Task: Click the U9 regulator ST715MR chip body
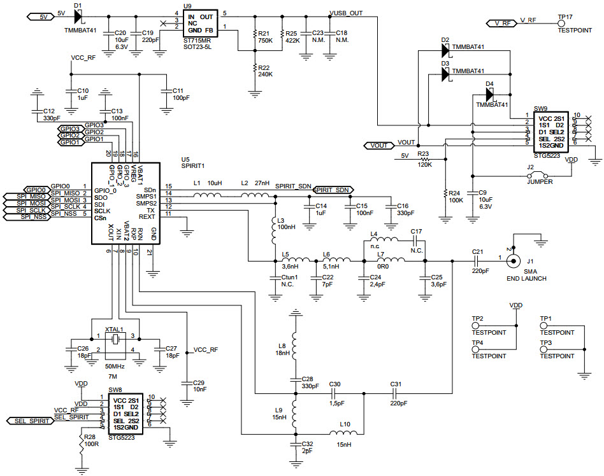199,23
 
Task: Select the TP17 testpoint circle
561,23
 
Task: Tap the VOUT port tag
378,145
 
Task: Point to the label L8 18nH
283,349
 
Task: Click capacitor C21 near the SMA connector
477,260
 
